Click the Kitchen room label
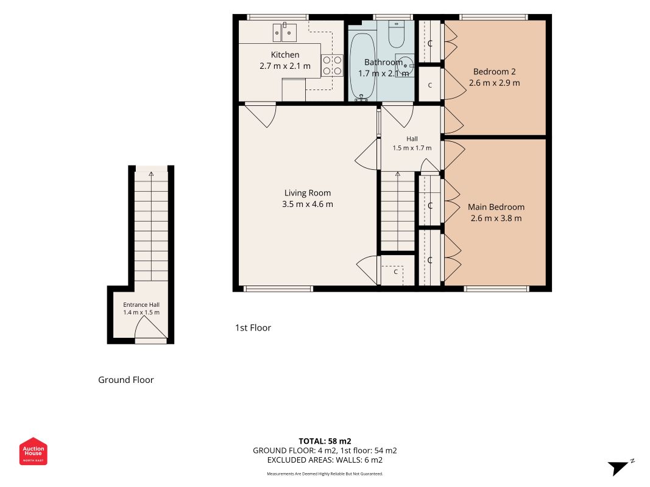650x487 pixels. [x=284, y=55]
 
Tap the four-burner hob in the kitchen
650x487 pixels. [x=333, y=66]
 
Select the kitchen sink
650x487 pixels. [x=284, y=32]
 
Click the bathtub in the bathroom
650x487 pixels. [x=362, y=66]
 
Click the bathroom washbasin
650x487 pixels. [x=404, y=65]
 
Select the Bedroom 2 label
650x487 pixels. [x=495, y=72]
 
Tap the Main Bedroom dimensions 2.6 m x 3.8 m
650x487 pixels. [x=496, y=219]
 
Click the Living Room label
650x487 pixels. [x=308, y=193]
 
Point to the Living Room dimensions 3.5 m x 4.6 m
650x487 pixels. [x=308, y=204]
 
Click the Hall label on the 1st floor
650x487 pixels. [x=412, y=139]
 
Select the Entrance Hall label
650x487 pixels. [x=141, y=305]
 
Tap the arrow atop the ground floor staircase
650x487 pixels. [x=151, y=174]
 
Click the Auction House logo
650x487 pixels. [x=33, y=451]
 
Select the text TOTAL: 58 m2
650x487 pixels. [x=325, y=441]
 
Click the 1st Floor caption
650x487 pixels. [x=253, y=328]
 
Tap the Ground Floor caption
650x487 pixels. [x=126, y=380]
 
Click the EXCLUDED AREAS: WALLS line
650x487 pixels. [x=325, y=460]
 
